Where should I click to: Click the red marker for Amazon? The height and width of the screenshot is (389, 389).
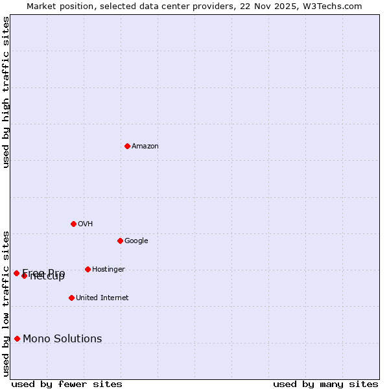click(x=127, y=146)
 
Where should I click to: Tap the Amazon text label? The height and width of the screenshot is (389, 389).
click(x=145, y=147)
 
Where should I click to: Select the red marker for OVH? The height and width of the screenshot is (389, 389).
click(x=73, y=224)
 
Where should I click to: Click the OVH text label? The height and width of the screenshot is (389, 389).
click(x=86, y=224)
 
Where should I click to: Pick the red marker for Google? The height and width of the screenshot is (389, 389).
click(x=120, y=241)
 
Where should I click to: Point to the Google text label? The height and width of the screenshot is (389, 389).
click(x=136, y=241)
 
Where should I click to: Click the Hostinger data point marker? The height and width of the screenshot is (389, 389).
click(x=88, y=269)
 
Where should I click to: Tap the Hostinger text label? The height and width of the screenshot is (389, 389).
click(x=108, y=270)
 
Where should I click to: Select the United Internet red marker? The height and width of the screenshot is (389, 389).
click(x=71, y=298)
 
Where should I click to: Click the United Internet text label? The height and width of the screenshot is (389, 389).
click(x=102, y=298)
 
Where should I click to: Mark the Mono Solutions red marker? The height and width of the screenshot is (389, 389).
click(x=17, y=338)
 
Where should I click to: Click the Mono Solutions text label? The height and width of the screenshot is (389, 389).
click(x=62, y=339)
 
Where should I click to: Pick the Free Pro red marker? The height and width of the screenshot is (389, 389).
click(x=16, y=273)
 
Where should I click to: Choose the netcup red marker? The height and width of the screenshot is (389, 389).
click(x=24, y=276)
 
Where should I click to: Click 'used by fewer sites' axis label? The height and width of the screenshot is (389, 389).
click(x=67, y=384)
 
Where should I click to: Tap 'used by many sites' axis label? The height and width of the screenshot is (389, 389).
click(x=325, y=384)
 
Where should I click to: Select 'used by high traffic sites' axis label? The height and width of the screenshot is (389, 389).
click(x=6, y=92)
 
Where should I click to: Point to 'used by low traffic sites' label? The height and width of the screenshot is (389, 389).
click(x=6, y=303)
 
